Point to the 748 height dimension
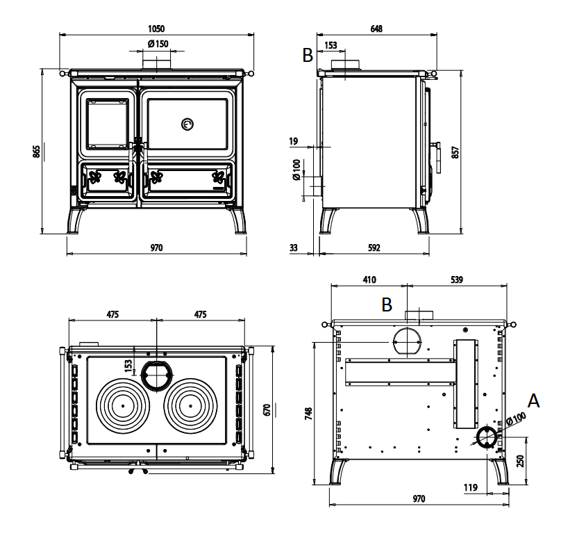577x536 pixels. click(x=309, y=413)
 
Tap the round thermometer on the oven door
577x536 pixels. click(x=187, y=124)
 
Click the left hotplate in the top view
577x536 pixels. click(x=123, y=405)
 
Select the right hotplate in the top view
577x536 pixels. click(x=189, y=405)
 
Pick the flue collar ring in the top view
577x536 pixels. click(x=156, y=375)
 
